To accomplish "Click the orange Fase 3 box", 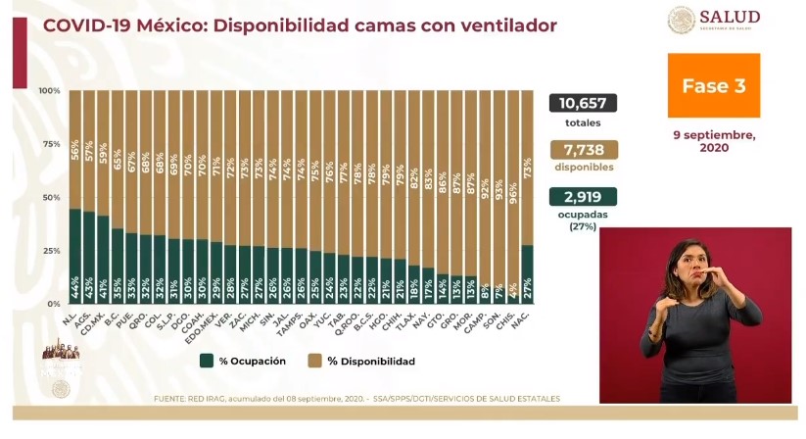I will click(713, 85).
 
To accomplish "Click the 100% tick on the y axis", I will click(49, 91).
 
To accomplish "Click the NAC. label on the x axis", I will click(527, 317).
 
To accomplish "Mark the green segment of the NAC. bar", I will click(528, 274).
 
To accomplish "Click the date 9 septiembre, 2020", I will click(713, 140).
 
